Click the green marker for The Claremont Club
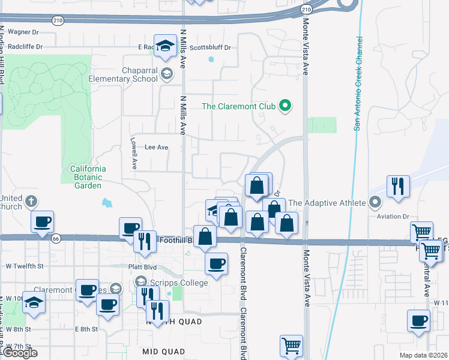point(286,107)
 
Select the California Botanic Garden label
point(88,177)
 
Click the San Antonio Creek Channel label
point(358,83)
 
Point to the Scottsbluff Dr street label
point(210,47)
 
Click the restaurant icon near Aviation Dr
point(398,186)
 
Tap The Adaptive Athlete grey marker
point(376,203)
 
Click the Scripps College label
point(179,283)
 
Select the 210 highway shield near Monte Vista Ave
point(306,10)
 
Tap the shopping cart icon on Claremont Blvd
point(291,346)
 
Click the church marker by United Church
point(31,201)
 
